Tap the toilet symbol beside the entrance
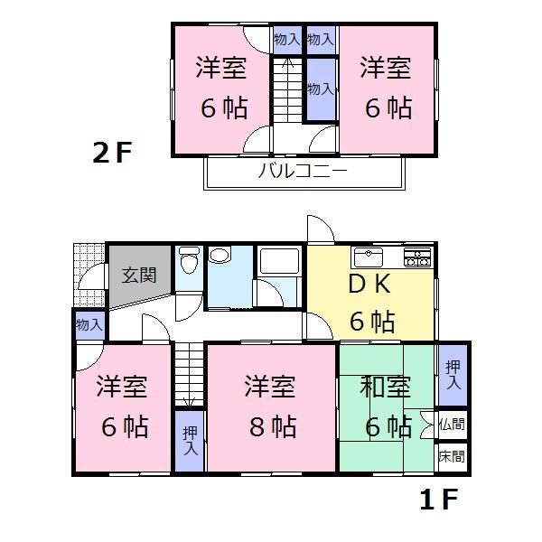click(x=188, y=264)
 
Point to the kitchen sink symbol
click(x=369, y=256)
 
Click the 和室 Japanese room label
click(x=383, y=388)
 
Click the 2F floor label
click(x=112, y=152)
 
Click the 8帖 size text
click(x=270, y=425)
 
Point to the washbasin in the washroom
click(x=220, y=257)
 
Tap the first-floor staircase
click(x=187, y=374)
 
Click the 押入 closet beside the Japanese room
click(x=452, y=373)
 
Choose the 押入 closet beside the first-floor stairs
click(x=190, y=440)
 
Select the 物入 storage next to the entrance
click(x=89, y=323)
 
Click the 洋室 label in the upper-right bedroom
click(x=387, y=69)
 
